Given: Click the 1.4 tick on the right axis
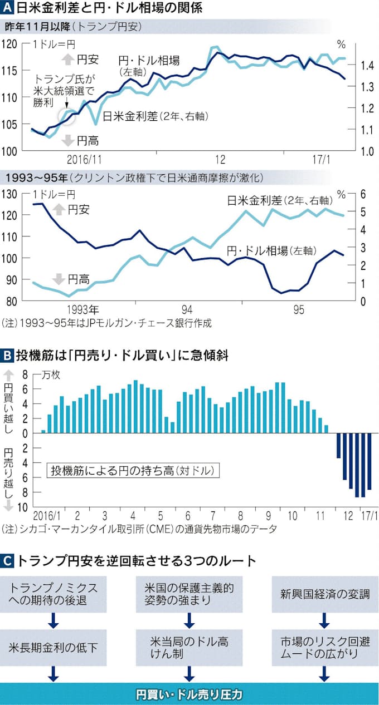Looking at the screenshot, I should (x=366, y=66).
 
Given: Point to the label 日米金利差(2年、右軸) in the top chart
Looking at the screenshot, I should (x=152, y=116).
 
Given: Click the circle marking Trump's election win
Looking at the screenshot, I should (x=67, y=115).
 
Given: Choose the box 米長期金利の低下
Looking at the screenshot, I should (x=54, y=648).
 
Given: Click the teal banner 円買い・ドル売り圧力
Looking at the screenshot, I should (x=189, y=694).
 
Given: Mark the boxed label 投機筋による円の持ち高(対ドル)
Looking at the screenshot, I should (x=133, y=470).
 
